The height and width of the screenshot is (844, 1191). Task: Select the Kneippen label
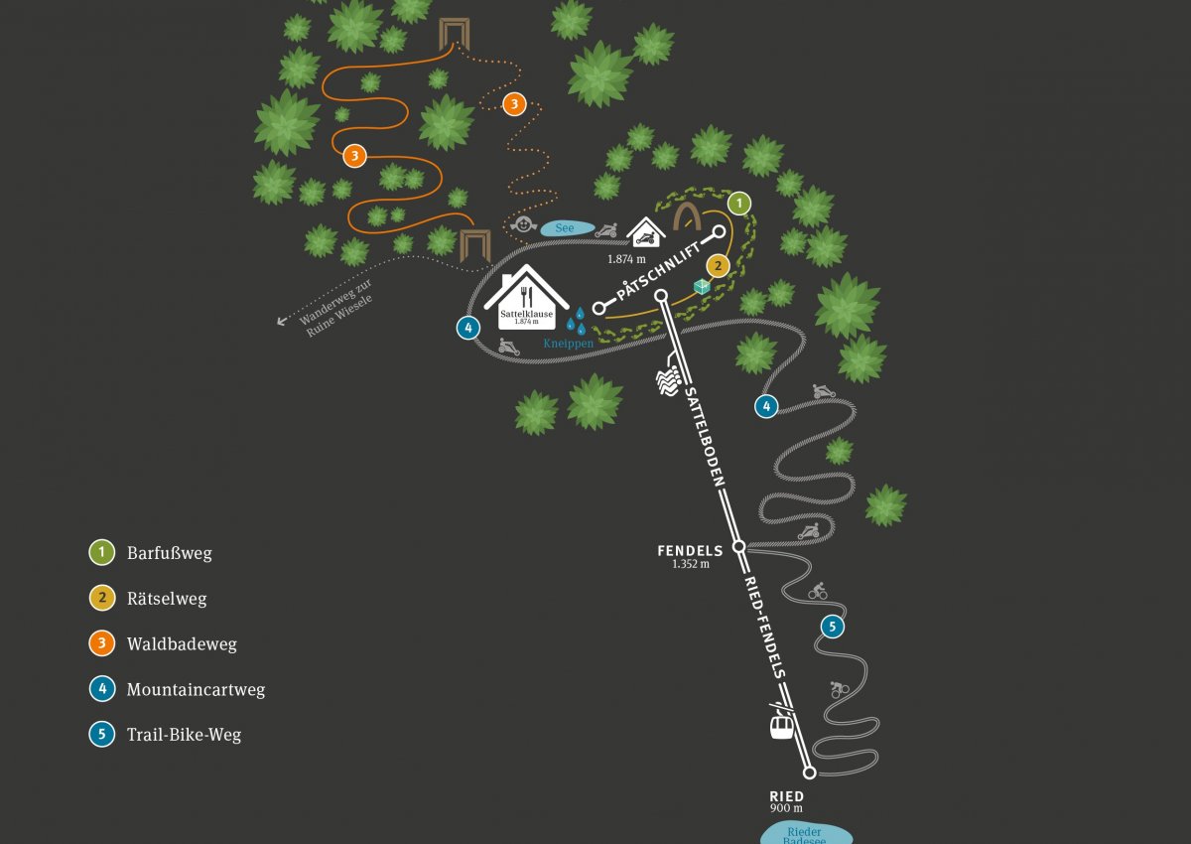[x=568, y=343]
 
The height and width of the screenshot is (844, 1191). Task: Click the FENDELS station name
[x=690, y=550]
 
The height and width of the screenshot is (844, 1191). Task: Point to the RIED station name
[x=786, y=796]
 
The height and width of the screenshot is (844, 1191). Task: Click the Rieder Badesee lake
[x=805, y=835]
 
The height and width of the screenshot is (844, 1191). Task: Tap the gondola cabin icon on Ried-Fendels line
[x=782, y=726]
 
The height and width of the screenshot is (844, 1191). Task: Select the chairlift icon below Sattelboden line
[x=668, y=379]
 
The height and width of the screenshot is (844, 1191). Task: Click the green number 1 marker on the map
[x=738, y=204]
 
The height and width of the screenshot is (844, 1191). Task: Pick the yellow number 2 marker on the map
[x=718, y=265]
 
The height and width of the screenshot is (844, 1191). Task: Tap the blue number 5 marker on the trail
[x=832, y=627]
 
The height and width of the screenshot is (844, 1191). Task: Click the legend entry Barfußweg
[x=169, y=553]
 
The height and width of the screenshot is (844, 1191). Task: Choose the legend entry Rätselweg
[x=167, y=599]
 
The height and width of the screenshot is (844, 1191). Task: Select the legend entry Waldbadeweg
[x=181, y=644]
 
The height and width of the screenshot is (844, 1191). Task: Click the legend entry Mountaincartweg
[x=196, y=689]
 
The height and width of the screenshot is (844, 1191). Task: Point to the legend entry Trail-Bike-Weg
[x=184, y=735]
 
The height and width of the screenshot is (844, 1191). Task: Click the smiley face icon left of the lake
[x=522, y=225]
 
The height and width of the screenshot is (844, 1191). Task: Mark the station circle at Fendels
[x=738, y=546]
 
